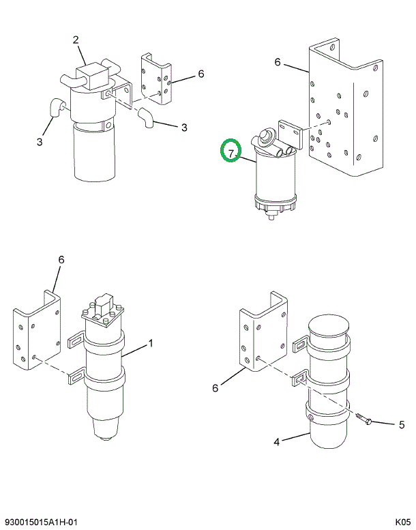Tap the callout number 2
[76, 39]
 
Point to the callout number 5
[402, 424]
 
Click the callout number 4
[276, 442]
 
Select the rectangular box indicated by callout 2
[92, 72]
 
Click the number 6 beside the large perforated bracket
[278, 62]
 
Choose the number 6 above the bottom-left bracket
[61, 259]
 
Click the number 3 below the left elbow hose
[40, 141]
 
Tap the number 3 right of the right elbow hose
[183, 127]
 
